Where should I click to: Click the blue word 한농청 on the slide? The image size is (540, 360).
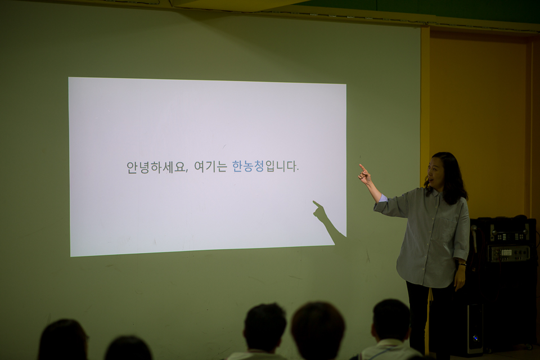click(248, 166)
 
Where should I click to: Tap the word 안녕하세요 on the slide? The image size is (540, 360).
click(156, 167)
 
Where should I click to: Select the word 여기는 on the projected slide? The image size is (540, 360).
click(210, 166)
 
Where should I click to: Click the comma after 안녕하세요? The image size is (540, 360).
click(187, 171)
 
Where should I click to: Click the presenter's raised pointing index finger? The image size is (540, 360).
click(363, 168)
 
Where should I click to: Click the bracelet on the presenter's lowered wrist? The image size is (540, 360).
click(462, 264)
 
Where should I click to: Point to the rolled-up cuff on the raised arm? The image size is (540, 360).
click(383, 199)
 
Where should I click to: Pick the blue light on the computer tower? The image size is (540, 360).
click(476, 337)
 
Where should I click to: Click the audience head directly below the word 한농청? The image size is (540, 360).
click(264, 327)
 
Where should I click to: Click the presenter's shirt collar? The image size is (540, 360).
click(435, 192)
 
